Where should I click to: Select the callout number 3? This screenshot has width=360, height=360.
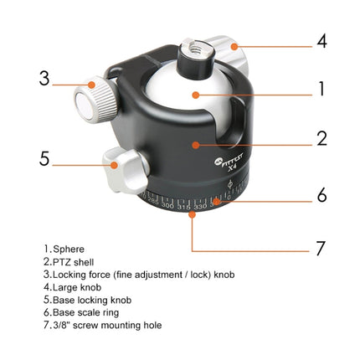tap(44, 80)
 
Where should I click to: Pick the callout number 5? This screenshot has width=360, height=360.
tap(44, 158)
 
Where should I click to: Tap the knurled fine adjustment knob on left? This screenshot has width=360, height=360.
tap(90, 99)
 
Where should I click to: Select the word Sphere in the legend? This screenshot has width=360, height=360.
tap(68, 249)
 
